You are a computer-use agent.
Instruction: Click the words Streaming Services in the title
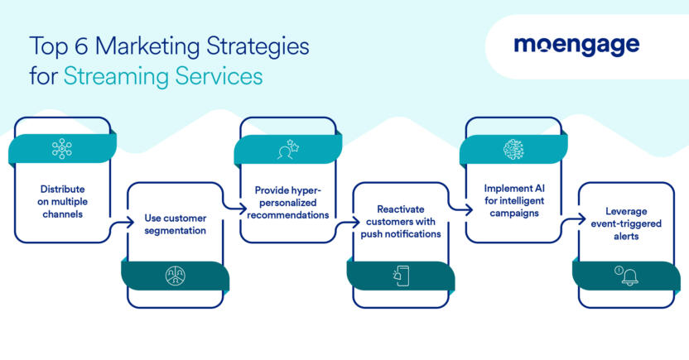tap(163, 76)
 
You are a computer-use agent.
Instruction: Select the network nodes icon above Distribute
tap(62, 149)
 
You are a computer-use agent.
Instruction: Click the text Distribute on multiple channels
tap(62, 199)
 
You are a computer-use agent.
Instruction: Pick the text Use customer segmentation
tap(175, 223)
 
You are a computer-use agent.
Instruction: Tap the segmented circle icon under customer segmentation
tap(175, 276)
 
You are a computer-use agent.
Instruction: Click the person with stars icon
tap(287, 149)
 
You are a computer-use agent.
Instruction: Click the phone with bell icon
tap(401, 276)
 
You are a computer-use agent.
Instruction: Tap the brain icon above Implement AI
tap(513, 149)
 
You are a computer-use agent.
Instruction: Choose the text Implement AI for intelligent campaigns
tap(513, 199)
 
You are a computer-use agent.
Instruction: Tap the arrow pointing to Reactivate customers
tap(348, 221)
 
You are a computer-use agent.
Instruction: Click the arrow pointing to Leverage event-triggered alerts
tap(572, 221)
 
